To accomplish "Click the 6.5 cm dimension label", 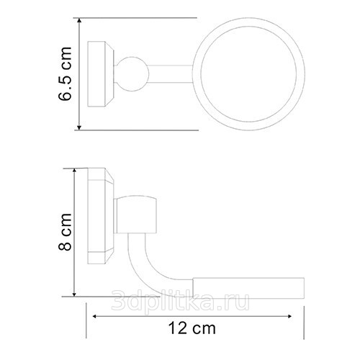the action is (65, 73).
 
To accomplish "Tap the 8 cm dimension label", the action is (65, 232).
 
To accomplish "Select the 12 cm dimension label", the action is (192, 328).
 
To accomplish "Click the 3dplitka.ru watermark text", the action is (181, 300).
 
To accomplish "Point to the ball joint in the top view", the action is (132, 74).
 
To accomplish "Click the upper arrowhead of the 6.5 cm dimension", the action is (79, 21).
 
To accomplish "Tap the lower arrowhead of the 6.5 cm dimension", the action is (79, 127).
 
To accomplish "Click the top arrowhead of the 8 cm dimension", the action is (74, 171).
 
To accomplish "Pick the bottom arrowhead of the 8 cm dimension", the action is (74, 294).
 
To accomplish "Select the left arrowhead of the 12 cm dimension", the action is (95, 316).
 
